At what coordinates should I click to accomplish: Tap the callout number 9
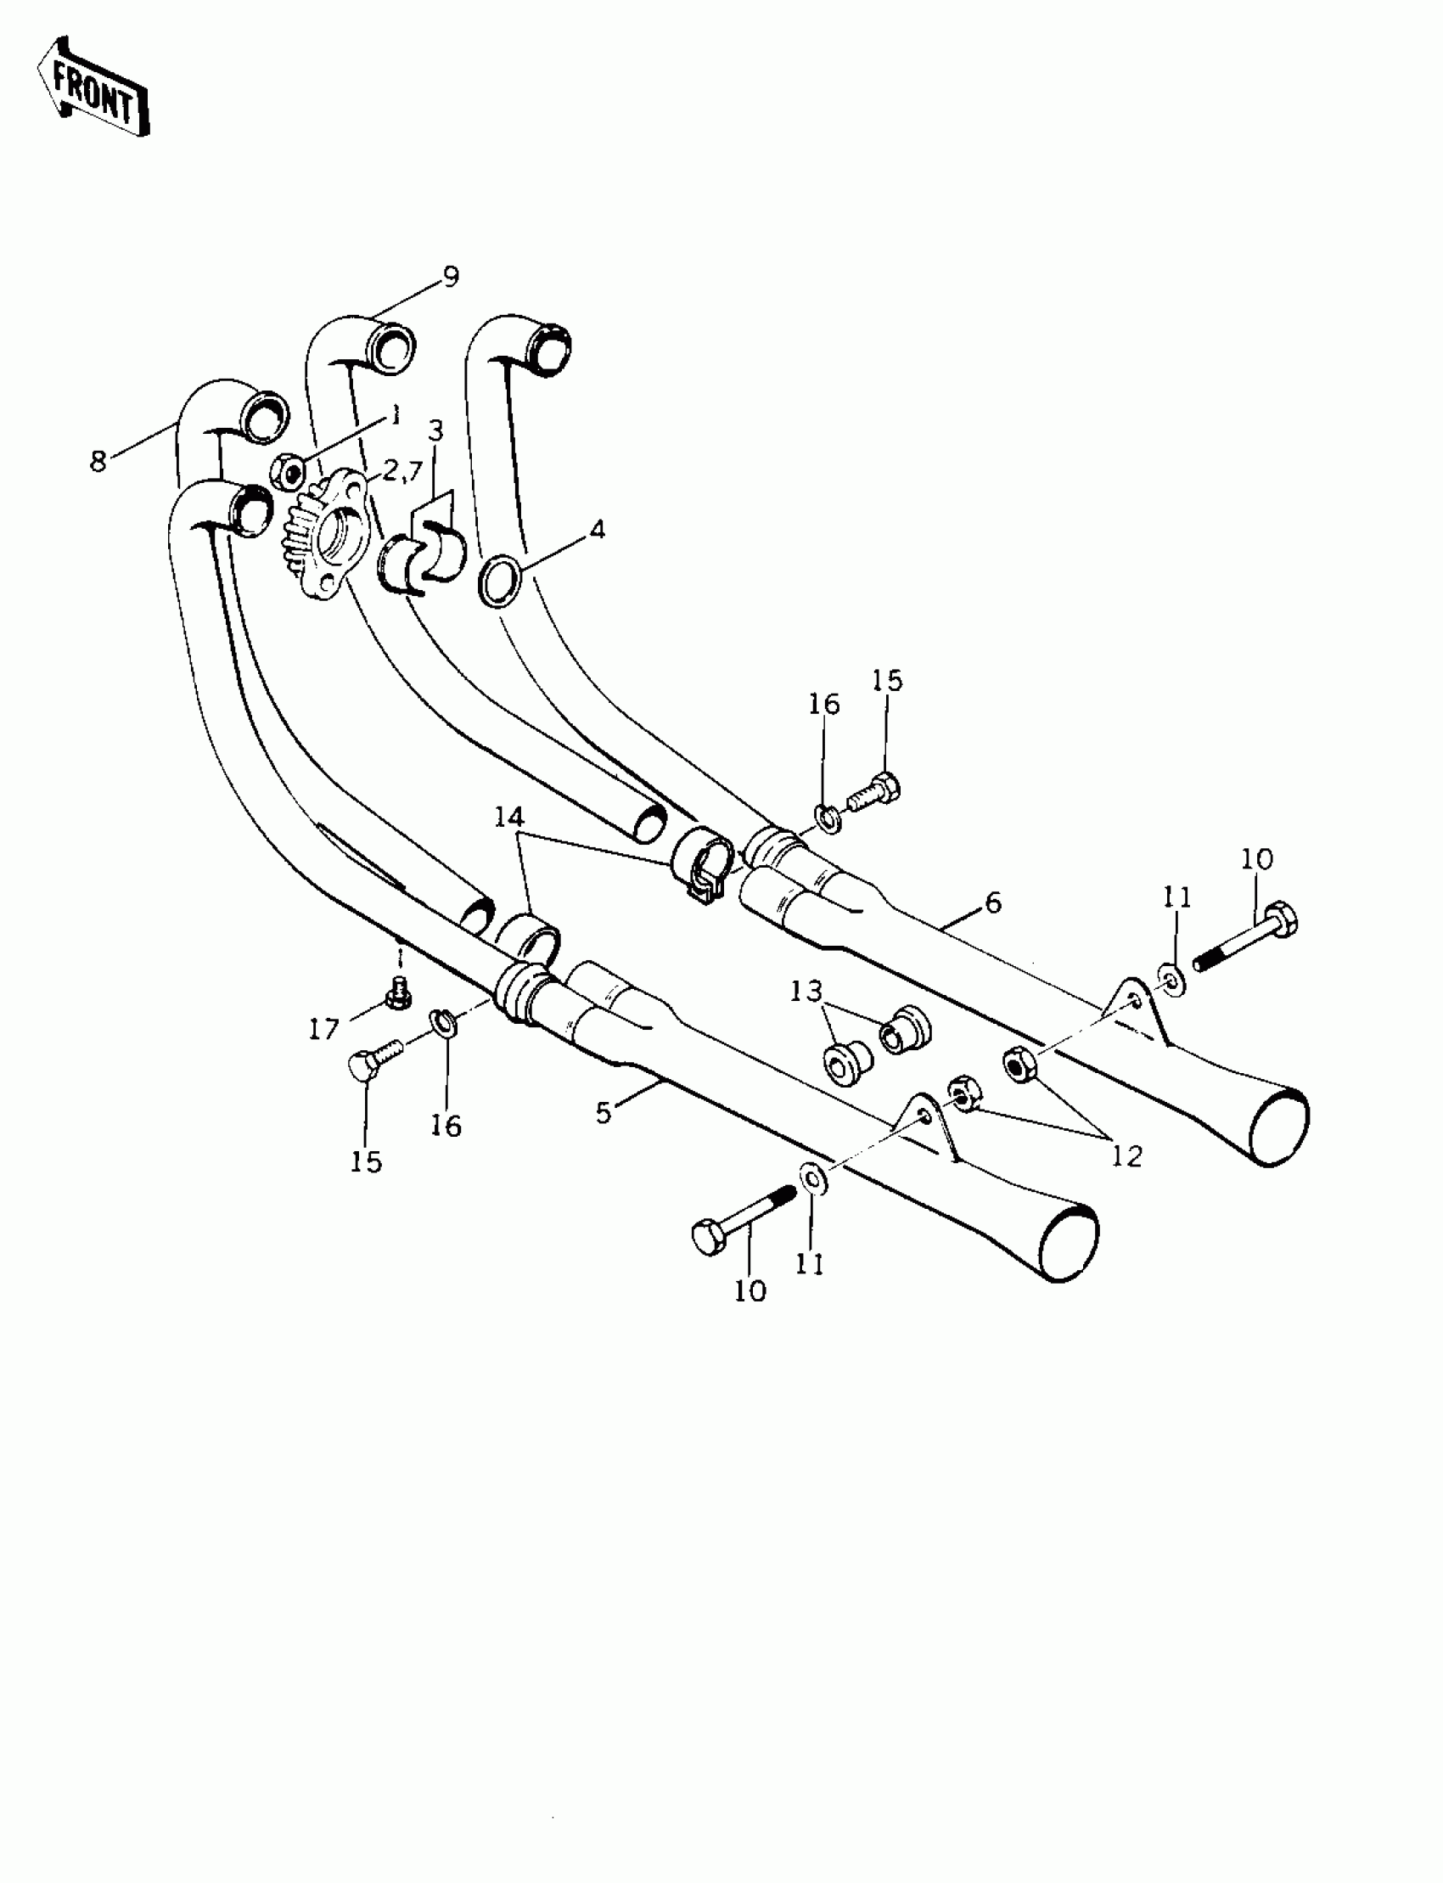450,277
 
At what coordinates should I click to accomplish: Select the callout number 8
98,461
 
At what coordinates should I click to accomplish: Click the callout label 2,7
403,470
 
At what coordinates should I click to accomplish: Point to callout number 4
597,529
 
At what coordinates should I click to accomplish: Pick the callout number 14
508,816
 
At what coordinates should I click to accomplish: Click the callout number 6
993,902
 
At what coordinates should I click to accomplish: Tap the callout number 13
806,992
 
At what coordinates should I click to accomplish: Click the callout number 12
1127,1155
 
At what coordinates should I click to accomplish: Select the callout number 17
323,1028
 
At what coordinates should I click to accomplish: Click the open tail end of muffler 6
1281,1127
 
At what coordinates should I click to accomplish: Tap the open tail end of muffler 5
1069,1245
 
